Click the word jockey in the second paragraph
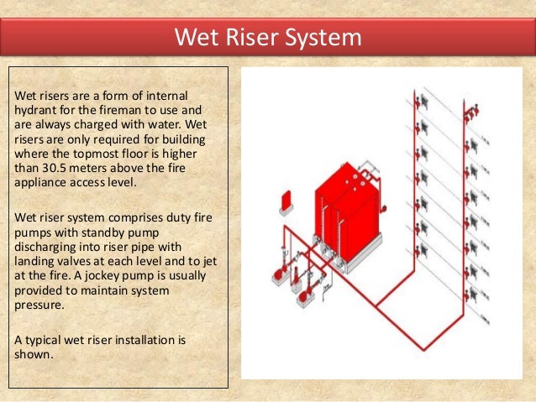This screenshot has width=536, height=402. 101,276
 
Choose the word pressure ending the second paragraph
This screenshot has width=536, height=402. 39,305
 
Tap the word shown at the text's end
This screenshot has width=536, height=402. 33,354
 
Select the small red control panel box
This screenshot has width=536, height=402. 286,201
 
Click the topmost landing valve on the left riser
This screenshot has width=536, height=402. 421,101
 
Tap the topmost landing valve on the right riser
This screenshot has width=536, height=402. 471,112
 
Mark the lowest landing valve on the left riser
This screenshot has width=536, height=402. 421,251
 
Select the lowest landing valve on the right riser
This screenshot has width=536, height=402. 470,294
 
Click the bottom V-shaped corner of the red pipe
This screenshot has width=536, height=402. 424,349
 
